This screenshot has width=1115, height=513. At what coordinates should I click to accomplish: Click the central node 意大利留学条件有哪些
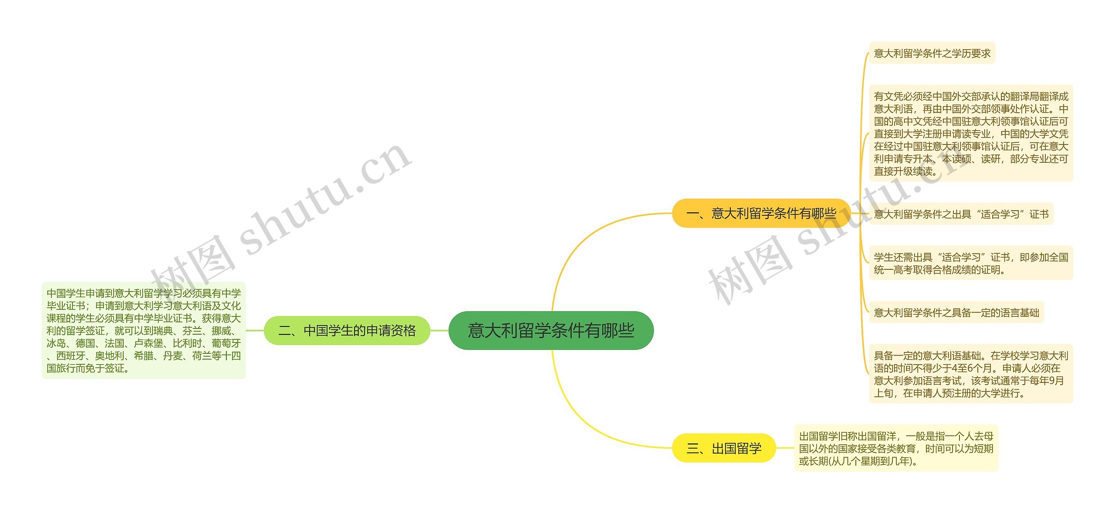[551, 330]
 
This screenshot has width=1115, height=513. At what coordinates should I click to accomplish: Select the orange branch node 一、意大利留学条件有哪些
[761, 213]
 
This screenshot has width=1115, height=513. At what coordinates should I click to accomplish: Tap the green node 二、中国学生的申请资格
[347, 331]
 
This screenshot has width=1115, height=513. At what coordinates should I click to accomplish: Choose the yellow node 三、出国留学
[724, 448]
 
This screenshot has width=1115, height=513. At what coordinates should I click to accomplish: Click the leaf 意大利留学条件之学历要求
[932, 53]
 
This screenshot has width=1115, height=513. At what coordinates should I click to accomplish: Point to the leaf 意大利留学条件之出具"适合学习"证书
[961, 214]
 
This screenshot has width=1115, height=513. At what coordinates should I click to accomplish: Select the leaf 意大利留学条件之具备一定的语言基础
[956, 312]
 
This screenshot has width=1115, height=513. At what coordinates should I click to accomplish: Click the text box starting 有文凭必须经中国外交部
[971, 134]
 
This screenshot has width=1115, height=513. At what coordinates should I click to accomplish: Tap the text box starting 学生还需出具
[971, 263]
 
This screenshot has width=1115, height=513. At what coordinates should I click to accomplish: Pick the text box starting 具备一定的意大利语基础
[971, 374]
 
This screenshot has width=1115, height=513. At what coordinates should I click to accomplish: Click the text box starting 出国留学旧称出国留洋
[896, 448]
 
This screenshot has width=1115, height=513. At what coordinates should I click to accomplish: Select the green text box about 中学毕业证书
[144, 331]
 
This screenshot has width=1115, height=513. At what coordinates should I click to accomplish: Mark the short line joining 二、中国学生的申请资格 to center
[439, 331]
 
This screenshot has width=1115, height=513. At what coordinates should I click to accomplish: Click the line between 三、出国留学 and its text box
[785, 448]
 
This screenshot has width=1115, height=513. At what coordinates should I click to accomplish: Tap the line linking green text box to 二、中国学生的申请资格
[255, 331]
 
